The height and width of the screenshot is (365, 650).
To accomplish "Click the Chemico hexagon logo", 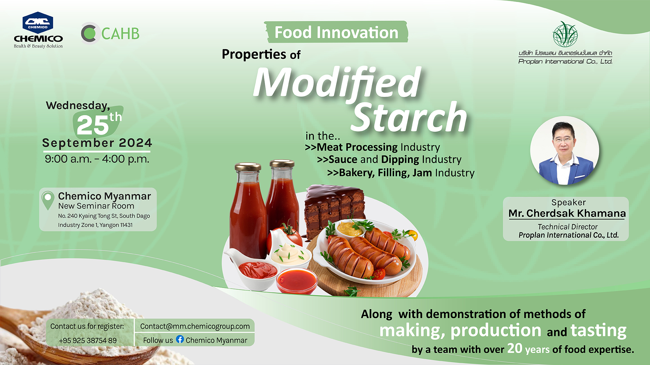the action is tap(38, 23).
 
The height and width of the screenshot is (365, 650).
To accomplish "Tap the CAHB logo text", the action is tap(120, 33).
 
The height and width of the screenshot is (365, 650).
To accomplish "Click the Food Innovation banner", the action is tap(336, 32).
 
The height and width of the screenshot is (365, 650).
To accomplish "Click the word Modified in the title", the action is tap(337, 82).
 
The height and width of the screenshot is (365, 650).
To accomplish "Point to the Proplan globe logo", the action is tap(565, 34).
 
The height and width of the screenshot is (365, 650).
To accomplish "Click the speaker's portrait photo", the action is tap(564, 151).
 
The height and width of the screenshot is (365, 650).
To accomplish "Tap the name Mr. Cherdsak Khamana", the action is tap(567, 213).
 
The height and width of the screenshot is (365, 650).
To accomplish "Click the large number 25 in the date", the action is tap(92, 125).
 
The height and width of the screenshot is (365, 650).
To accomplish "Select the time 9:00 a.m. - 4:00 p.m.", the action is tap(97, 159).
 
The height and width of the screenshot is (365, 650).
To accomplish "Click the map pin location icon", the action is tap(48, 200).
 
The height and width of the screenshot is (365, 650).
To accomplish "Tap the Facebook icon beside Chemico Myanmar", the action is tap(180, 339).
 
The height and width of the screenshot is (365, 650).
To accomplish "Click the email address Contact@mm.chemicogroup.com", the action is tap(195, 326).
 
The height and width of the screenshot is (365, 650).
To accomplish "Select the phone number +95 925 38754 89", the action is tap(88, 340).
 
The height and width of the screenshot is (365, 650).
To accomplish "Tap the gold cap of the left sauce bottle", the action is tap(248, 167).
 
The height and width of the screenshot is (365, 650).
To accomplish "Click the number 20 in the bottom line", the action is tap(515, 348).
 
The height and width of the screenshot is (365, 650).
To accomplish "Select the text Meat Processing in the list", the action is tap(357, 147).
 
